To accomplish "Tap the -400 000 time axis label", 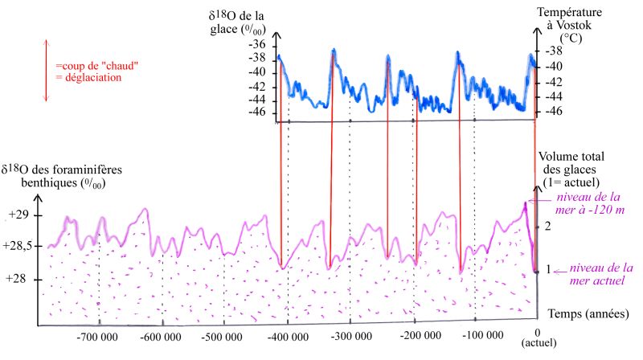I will [286, 335].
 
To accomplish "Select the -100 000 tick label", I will [476, 335].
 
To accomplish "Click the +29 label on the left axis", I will [18, 215].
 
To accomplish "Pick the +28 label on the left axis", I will [18, 278].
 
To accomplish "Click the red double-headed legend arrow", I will [46, 71].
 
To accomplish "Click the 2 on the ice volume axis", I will [548, 227].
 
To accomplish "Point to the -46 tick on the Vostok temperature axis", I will [555, 110].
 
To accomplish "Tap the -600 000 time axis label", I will [162, 335].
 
